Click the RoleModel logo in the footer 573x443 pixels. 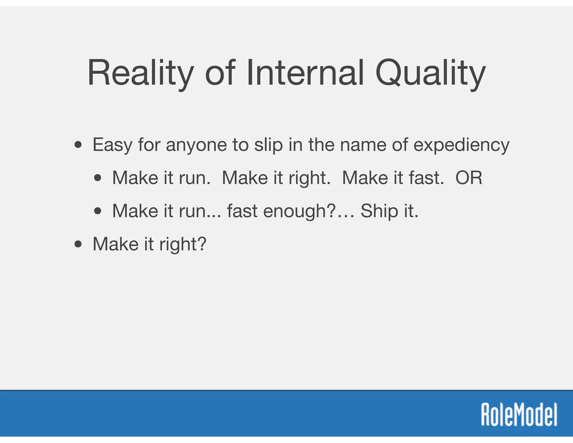[519, 414]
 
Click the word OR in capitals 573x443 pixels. [469, 178]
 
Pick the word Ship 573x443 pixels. [379, 211]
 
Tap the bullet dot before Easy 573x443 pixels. [78, 145]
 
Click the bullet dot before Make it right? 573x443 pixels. [78, 244]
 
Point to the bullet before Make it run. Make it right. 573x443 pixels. [98, 178]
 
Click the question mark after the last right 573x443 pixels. [202, 244]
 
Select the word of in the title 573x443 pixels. [220, 73]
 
